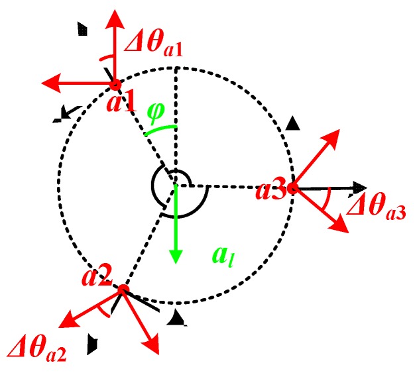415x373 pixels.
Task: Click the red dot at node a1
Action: click(115, 84)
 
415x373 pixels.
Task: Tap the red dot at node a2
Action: click(123, 290)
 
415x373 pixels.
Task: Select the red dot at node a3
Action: click(292, 188)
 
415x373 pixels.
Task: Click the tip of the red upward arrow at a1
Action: click(116, 12)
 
